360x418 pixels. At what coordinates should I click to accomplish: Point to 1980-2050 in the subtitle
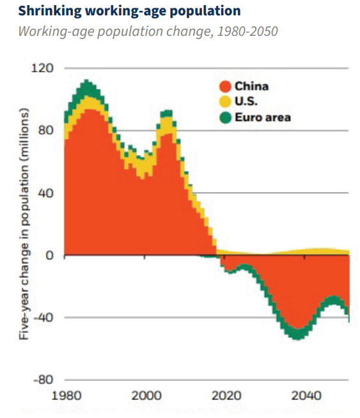[247, 31]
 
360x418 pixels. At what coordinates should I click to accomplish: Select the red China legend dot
[225, 86]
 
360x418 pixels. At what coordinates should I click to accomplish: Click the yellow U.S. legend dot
[225, 102]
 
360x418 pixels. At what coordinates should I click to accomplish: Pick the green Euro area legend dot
[226, 118]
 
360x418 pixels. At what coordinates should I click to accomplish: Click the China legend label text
[251, 86]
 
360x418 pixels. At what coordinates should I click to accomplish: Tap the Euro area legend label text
[263, 118]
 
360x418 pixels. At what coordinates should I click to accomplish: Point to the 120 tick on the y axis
[42, 68]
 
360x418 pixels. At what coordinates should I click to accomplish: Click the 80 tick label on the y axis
[45, 131]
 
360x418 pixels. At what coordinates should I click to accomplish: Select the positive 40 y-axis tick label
[45, 193]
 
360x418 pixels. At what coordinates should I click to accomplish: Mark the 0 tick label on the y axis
[49, 255]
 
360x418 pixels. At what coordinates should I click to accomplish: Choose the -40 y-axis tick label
[43, 318]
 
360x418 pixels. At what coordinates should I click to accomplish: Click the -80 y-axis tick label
[43, 380]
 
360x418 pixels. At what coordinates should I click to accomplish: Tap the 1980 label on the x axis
[66, 396]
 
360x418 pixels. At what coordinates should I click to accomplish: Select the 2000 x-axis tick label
[146, 396]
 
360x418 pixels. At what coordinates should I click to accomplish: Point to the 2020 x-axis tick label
[226, 396]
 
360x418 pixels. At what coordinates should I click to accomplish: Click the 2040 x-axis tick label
[306, 396]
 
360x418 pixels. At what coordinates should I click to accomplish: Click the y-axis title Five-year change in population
[24, 224]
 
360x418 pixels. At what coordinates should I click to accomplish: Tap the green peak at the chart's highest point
[86, 81]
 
